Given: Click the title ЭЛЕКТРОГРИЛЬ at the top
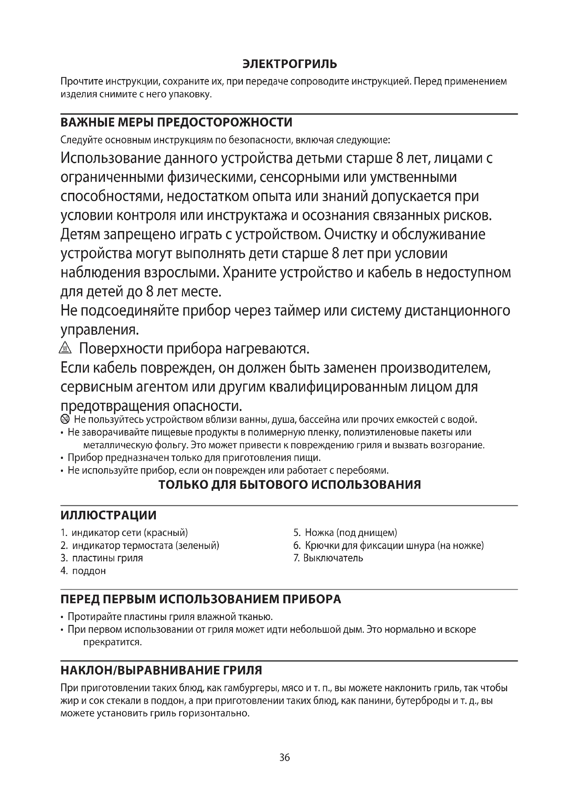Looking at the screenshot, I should (289, 64).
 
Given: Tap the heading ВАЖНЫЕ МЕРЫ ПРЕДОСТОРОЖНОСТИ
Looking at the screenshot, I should (176, 123).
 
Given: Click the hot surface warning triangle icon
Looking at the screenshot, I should (65, 348).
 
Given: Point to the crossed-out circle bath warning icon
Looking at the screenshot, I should (65, 419).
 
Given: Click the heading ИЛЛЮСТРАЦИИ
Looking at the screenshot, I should (108, 515).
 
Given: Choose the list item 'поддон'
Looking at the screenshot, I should (89, 571).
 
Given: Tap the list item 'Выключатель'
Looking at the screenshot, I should (333, 558).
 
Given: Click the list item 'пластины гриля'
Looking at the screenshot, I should (107, 558).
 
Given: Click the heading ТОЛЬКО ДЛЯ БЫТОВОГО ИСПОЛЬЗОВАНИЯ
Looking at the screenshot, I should (289, 485).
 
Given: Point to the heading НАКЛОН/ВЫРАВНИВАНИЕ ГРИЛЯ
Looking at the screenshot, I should (161, 670).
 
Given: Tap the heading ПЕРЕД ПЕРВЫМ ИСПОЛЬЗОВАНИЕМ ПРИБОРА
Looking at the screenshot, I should (201, 599).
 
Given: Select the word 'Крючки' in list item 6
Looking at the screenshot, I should (322, 545).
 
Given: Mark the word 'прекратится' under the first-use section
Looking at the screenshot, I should (112, 642).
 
